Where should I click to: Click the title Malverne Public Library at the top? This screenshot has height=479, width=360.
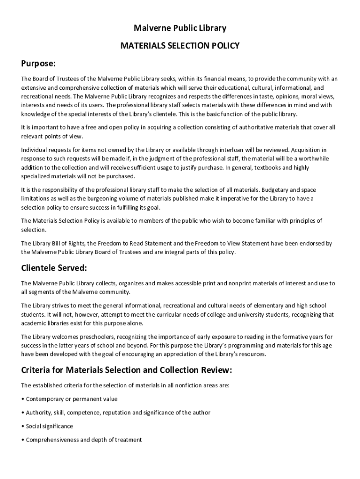click(x=180, y=28)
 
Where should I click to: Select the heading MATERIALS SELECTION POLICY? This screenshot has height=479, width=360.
click(x=180, y=46)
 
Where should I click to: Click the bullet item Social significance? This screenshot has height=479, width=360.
click(x=49, y=427)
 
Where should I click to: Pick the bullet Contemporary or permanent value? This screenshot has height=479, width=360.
click(x=72, y=399)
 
